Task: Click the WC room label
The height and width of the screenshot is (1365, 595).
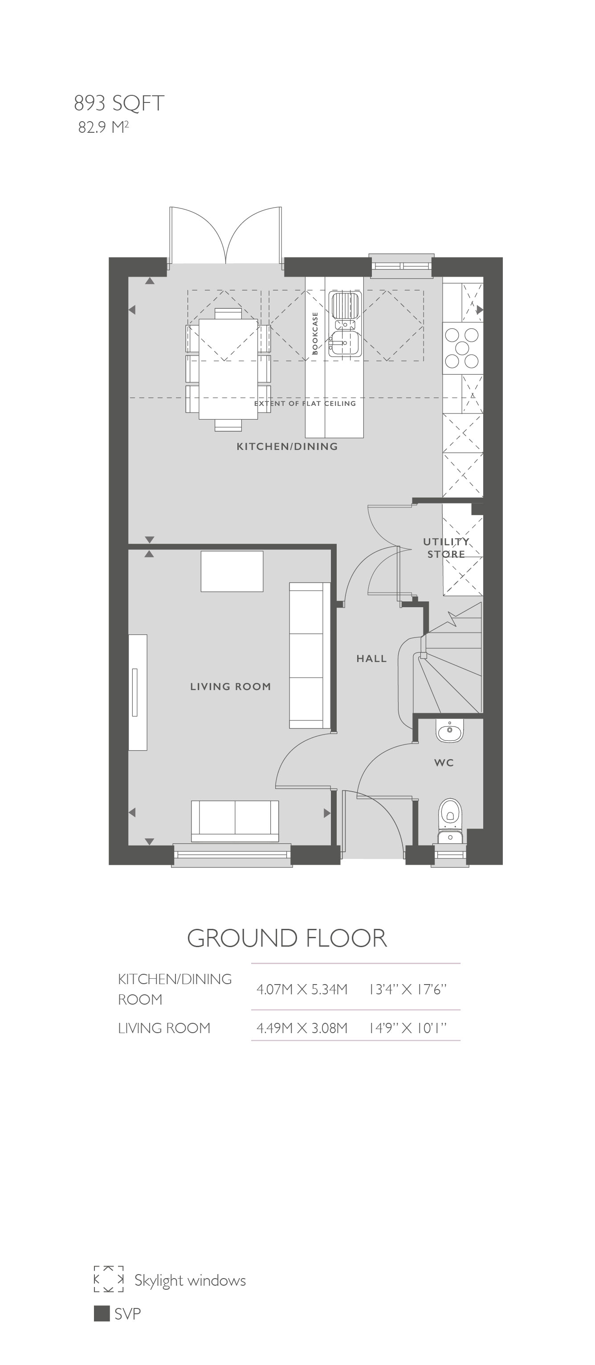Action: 444,763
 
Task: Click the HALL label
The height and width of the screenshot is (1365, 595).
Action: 371,658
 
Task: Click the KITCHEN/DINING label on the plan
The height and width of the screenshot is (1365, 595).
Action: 287,447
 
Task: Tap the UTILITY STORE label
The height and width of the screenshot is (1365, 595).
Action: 446,548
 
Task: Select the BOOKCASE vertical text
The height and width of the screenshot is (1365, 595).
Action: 315,333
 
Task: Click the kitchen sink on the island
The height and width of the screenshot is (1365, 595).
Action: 345,323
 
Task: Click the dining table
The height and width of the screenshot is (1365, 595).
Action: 228,369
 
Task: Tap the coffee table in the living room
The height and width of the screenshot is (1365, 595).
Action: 232,571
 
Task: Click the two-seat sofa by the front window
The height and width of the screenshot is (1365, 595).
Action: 235,821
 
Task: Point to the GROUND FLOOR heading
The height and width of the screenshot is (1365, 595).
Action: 287,938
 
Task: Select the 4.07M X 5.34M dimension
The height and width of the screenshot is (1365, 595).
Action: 302,989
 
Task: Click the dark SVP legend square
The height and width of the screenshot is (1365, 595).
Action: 102,1314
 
